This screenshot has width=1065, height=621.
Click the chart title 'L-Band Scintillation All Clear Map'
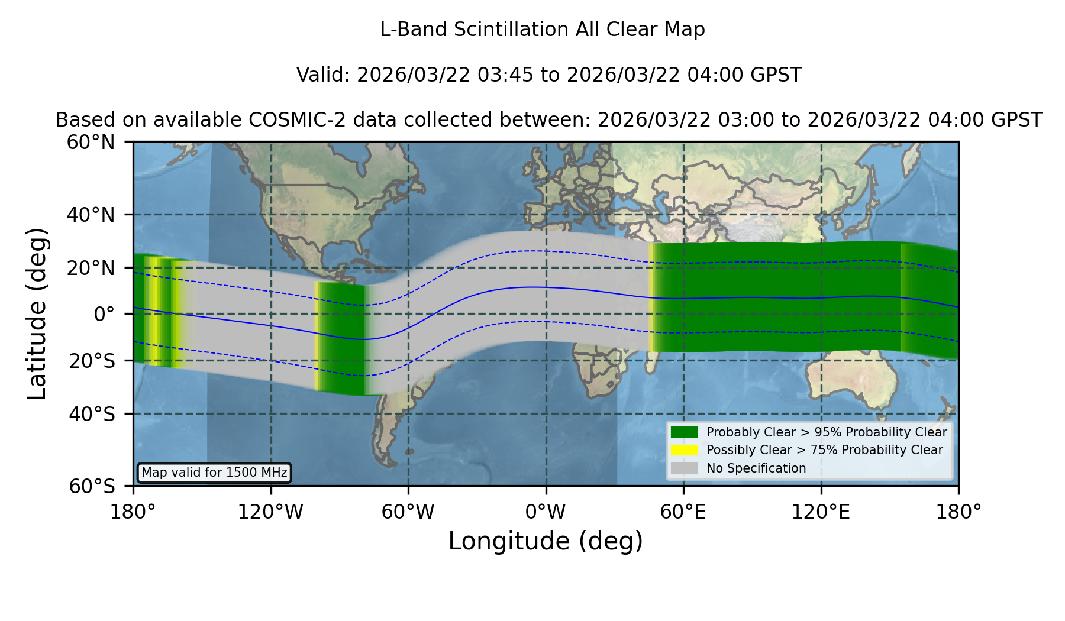[543, 30]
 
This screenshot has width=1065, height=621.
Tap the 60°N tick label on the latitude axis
[91, 143]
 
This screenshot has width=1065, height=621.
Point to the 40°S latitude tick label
[92, 414]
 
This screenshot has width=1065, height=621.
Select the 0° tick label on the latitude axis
[104, 314]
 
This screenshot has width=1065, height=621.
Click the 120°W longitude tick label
[270, 512]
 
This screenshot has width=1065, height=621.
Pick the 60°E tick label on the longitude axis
[683, 512]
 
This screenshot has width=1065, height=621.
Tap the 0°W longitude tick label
[546, 512]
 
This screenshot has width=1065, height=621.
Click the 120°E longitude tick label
[821, 512]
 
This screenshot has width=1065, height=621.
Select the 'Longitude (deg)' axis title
[546, 541]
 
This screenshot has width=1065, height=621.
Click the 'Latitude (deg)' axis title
[37, 313]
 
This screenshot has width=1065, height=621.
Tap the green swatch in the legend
[684, 432]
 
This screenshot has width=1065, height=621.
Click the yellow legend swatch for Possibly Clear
[684, 450]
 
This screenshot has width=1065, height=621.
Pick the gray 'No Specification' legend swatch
[684, 468]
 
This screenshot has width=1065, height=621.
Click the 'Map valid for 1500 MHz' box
[214, 473]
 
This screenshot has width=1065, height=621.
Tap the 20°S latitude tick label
[92, 361]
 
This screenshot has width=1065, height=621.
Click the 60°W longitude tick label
[408, 512]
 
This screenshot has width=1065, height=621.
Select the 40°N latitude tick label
[91, 215]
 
